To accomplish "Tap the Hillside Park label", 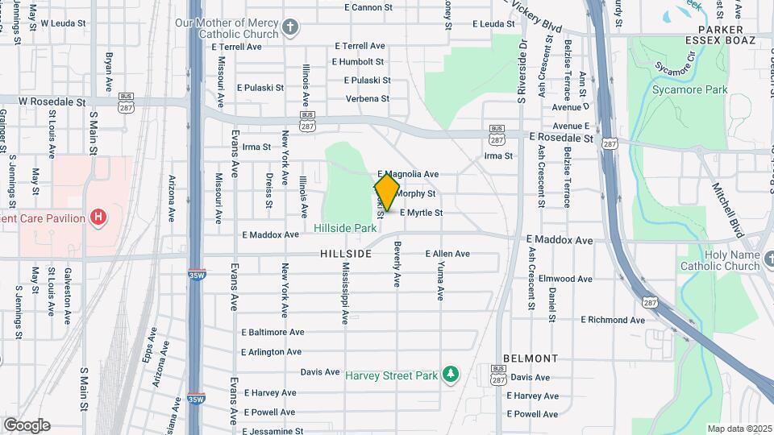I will coord(345,229).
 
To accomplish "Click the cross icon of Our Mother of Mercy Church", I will coord(291,29).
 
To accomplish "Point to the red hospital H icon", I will coord(98,217).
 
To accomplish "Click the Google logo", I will coord(27,425).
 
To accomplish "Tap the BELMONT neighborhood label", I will coord(531,358).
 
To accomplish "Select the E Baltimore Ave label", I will coord(273,332).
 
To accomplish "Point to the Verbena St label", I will coord(367,99).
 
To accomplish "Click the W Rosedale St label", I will coord(52,102).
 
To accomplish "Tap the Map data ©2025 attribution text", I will coord(739,429).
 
